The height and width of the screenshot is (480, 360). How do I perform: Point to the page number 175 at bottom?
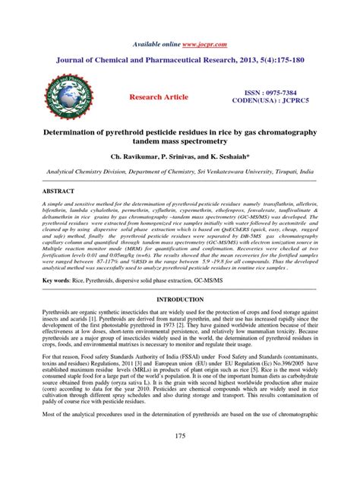pyautogui.click(x=180, y=458)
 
